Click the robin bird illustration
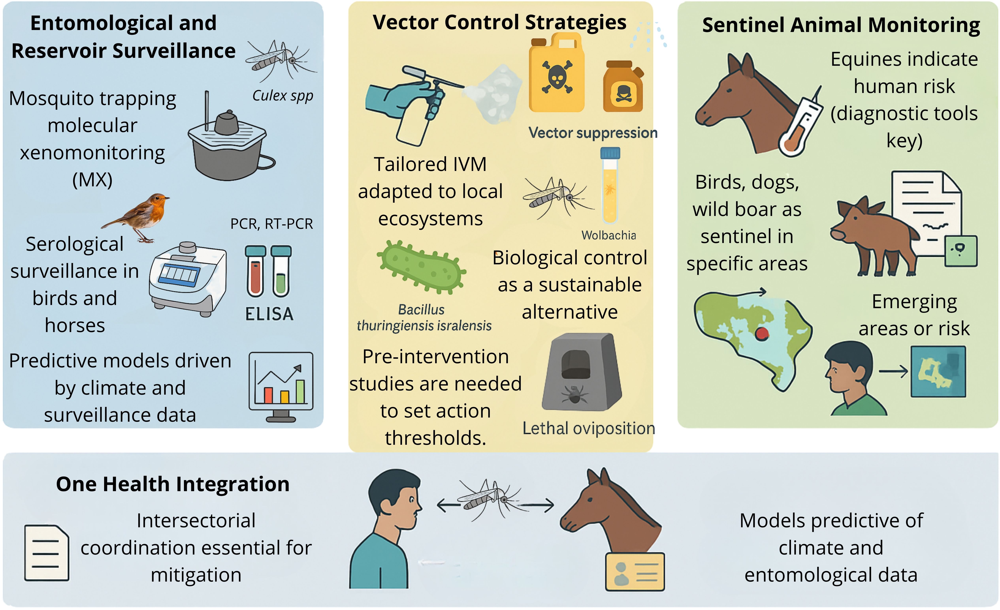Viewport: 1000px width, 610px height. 140,217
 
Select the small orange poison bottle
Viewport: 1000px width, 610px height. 623,87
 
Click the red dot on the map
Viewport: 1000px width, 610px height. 762,333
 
